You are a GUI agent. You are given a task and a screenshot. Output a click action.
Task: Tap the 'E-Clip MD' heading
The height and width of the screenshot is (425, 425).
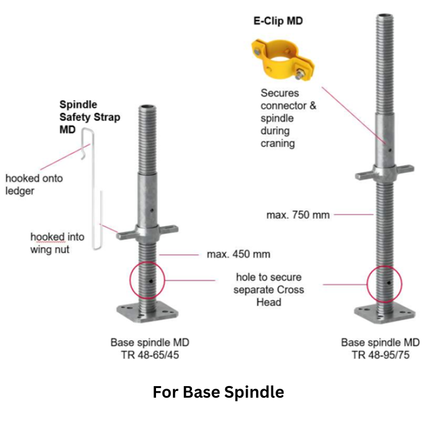point(277,21)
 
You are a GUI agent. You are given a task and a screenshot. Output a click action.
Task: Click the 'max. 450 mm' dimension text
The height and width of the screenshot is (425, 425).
point(238,254)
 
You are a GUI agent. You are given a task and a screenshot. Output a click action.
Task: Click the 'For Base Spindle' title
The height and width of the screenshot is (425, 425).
point(218,392)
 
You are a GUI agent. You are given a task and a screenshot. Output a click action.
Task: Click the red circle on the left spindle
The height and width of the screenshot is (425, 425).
point(148,280)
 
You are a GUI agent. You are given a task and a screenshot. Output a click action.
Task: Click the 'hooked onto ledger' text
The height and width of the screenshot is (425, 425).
point(34,185)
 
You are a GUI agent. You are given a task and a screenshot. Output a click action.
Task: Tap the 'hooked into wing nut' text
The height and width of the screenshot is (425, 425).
point(57,243)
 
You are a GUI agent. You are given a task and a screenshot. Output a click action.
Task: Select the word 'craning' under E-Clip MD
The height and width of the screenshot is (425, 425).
point(277,143)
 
